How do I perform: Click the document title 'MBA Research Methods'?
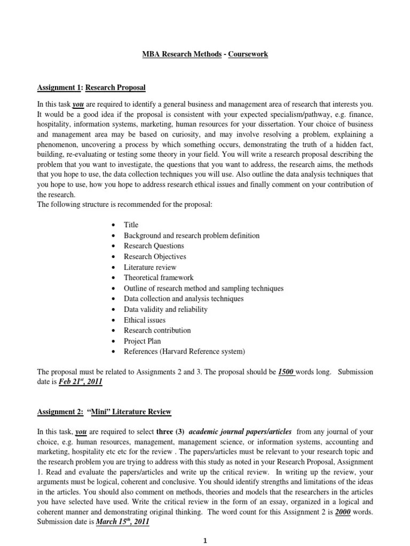tap(177, 54)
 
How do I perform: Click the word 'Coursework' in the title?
tap(248, 54)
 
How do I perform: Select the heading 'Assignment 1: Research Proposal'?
tap(91, 87)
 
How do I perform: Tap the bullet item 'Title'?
tap(131, 225)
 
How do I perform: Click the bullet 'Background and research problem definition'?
tap(192, 236)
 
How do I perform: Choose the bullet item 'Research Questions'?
tap(154, 246)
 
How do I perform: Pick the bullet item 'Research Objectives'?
tap(155, 256)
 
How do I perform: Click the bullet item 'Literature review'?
tap(149, 267)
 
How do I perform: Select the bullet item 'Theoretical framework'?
tap(159, 278)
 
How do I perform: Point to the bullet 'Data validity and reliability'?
tap(165, 309)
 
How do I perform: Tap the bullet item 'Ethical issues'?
tap(145, 320)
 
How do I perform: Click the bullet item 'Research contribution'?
tap(157, 330)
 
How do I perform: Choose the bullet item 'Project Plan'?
tap(142, 341)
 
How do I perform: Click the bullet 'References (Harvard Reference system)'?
tap(184, 351)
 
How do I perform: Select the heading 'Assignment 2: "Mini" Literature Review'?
tap(104, 412)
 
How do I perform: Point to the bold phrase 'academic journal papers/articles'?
tap(240, 431)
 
